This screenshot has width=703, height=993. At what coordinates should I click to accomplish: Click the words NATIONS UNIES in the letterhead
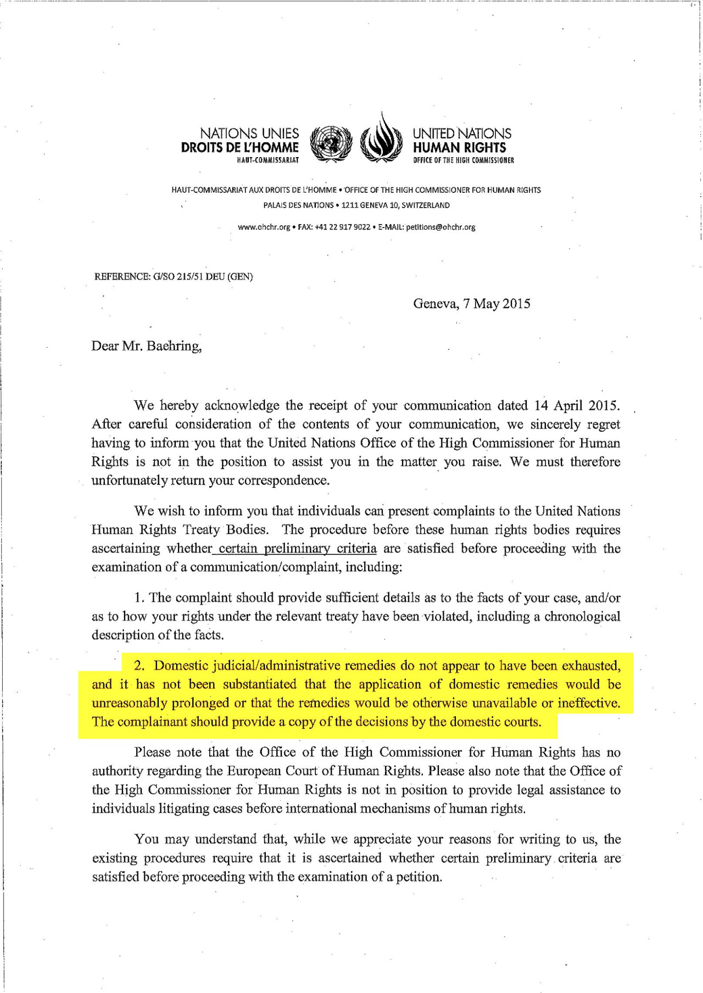tap(249, 133)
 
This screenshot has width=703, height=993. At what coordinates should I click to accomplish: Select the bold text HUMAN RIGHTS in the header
tap(459, 148)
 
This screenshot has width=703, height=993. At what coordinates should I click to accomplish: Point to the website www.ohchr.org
tap(264, 227)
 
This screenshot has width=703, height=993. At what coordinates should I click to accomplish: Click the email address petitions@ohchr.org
tap(440, 227)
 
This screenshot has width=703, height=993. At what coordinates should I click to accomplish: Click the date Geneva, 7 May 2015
tap(471, 304)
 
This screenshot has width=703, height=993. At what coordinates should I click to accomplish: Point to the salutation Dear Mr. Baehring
tap(146, 346)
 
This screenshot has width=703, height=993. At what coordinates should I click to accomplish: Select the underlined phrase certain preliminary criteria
tap(297, 549)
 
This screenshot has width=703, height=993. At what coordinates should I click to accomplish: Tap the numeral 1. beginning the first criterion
tap(140, 598)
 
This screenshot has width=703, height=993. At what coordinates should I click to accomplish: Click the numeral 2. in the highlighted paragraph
tap(139, 666)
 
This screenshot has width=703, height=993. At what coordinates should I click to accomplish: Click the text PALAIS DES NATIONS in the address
tap(298, 205)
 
